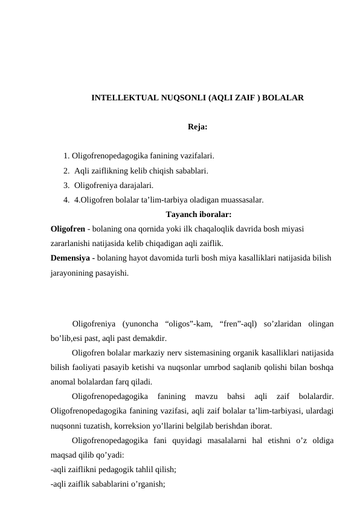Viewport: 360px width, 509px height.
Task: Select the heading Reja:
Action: coord(198,127)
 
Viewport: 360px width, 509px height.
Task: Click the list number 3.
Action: coord(65,185)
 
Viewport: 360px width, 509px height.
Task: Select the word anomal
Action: coord(63,382)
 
